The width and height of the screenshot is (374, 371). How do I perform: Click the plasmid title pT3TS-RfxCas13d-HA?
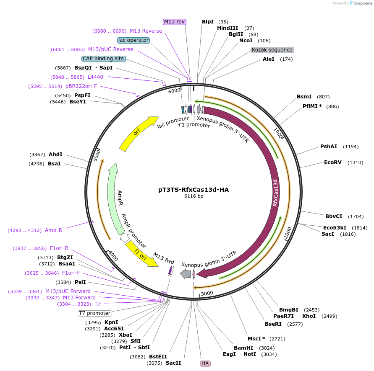(194, 190)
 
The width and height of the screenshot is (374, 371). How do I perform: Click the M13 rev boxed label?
(175, 22)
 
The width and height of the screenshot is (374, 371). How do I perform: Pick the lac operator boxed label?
(133, 40)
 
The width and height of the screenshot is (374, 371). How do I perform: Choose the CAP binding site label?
(103, 59)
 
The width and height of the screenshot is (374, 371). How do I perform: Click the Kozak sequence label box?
(272, 50)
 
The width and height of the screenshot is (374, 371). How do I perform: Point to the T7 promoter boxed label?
(94, 313)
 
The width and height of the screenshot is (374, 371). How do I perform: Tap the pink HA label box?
(205, 363)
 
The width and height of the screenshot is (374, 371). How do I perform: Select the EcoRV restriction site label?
(332, 162)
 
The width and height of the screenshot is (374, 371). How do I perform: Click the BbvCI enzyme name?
(334, 216)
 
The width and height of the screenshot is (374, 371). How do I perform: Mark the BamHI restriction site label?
(243, 348)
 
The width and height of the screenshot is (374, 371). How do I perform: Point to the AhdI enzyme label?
(55, 155)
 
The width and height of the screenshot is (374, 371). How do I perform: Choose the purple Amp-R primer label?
(53, 230)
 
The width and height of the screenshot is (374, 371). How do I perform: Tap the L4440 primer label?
(95, 77)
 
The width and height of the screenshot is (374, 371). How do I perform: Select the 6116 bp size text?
(194, 196)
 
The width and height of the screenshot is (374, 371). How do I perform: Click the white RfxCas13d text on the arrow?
(275, 193)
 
